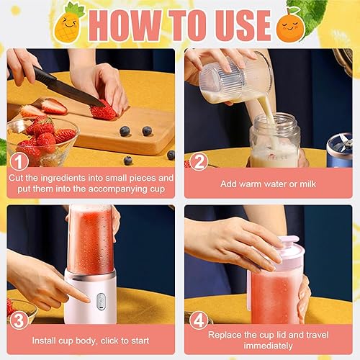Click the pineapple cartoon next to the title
pyautogui.click(x=68, y=23)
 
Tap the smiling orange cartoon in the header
pyautogui.click(x=290, y=27)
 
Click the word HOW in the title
pyautogui.click(x=125, y=25)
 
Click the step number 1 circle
pyautogui.click(x=19, y=161)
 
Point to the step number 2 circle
pyautogui.click(x=199, y=161)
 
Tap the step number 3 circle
pyautogui.click(x=19, y=320)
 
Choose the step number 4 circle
pyautogui.click(x=199, y=320)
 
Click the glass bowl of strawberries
pyautogui.click(x=42, y=142)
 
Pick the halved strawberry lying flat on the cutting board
pyautogui.click(x=54, y=107)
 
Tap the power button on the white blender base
pyautogui.click(x=101, y=302)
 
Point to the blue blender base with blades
pyautogui.click(x=340, y=150)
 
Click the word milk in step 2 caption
pyautogui.click(x=308, y=184)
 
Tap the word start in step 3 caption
pyautogui.click(x=140, y=341)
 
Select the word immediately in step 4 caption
pyautogui.click(x=268, y=346)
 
